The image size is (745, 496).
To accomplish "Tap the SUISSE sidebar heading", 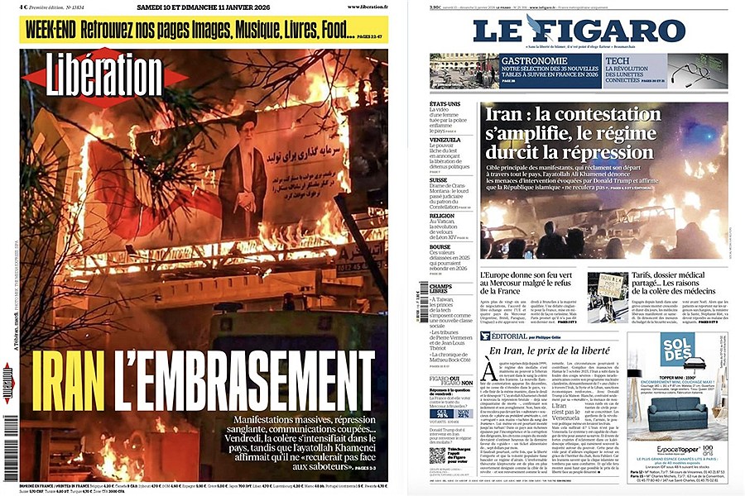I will [x=439, y=179].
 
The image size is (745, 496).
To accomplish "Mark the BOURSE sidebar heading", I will [x=440, y=246].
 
